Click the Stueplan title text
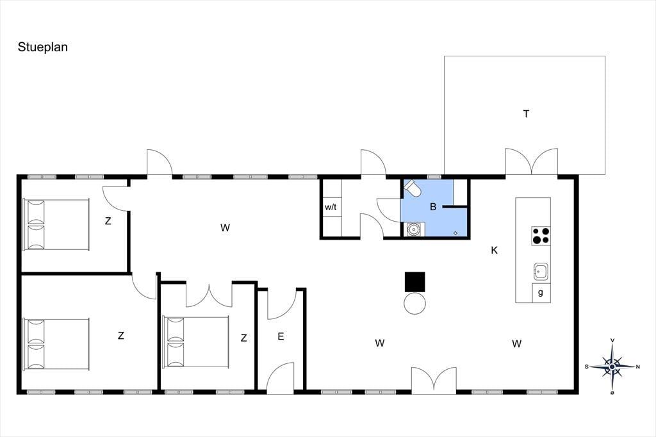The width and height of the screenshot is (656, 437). click(43, 47)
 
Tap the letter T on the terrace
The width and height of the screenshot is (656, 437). click(526, 113)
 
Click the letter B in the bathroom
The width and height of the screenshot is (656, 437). click(433, 206)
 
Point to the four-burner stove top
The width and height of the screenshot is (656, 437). click(541, 236)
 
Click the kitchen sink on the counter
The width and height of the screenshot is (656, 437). click(541, 272)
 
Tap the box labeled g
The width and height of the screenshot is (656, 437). click(541, 293)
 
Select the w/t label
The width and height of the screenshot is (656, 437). click(331, 207)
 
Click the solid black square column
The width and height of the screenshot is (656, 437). click(414, 282)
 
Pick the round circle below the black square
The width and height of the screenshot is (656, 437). click(414, 304)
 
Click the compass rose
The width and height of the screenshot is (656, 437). click(612, 367)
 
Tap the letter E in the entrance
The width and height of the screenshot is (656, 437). click(281, 336)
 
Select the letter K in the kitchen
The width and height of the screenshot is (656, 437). click(494, 251)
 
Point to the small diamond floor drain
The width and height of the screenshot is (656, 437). click(455, 233)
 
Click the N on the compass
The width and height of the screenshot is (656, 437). click(637, 367)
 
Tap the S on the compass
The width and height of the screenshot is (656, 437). click(587, 367)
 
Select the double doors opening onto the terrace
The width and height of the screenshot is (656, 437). click(531, 161)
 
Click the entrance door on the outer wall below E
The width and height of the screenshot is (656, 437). click(281, 379)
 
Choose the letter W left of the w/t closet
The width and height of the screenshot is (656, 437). click(225, 227)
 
